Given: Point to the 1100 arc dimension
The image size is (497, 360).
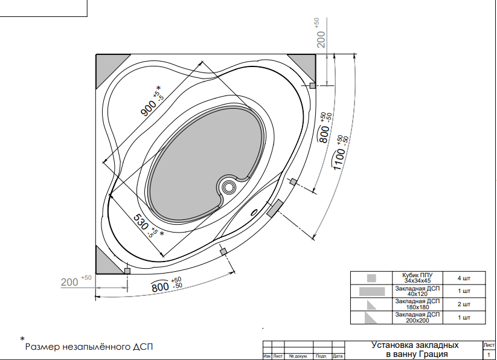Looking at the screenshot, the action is (341, 152).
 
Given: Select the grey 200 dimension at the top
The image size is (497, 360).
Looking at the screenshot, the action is (321, 33).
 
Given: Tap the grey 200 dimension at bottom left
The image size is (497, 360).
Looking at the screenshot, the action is (76, 281).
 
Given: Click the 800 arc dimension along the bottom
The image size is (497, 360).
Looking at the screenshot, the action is (167, 284).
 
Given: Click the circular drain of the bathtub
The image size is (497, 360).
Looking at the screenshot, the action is (228, 187).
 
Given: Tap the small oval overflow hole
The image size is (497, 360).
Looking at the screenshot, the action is (254, 213).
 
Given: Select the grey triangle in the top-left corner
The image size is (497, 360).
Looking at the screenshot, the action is (107, 66).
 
